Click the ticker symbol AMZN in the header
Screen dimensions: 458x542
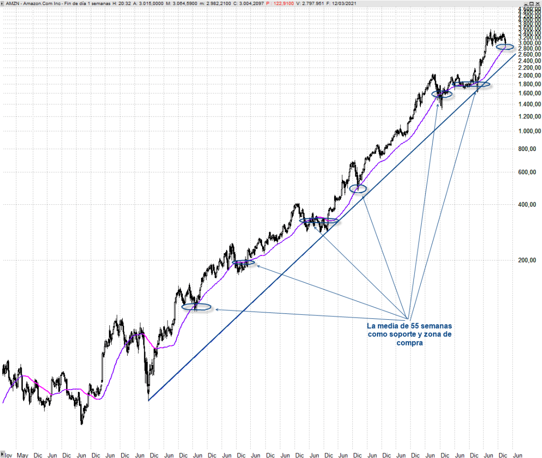(13, 3)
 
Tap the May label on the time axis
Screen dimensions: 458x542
(22, 454)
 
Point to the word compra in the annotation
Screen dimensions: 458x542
(409, 343)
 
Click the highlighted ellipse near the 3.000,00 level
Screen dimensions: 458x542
(505, 47)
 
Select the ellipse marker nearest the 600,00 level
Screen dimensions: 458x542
(358, 189)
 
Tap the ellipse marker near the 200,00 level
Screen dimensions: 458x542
(244, 263)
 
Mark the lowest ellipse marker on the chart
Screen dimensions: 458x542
(197, 307)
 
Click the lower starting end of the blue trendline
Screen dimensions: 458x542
(148, 400)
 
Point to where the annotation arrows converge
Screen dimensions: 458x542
(408, 319)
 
